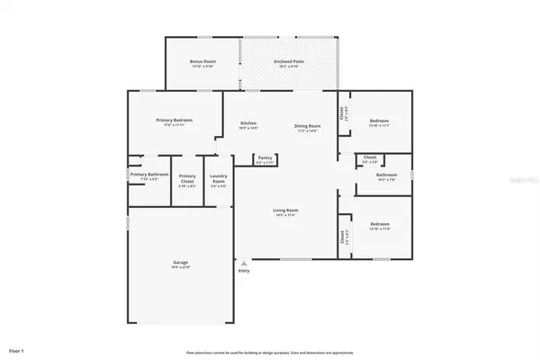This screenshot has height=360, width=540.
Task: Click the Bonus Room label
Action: [202, 61]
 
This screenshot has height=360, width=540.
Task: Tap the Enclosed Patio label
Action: [288, 61]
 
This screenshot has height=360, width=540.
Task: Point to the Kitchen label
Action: [248, 122]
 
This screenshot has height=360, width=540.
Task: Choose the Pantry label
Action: [265, 157]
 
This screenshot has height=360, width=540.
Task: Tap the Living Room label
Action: [286, 211]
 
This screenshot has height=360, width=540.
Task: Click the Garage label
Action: [181, 262]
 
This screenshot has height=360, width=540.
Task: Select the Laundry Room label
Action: [218, 178]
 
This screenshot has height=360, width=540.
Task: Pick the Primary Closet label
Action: [187, 178]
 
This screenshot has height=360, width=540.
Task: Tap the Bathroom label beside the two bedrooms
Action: [387, 175]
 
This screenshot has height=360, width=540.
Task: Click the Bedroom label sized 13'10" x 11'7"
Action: [379, 120]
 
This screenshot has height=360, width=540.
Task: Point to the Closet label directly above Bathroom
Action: [370, 157]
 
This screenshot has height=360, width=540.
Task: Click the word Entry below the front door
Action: [244, 271]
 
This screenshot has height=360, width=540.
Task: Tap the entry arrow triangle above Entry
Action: [244, 263]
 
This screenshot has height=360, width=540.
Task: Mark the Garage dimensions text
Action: [181, 267]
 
